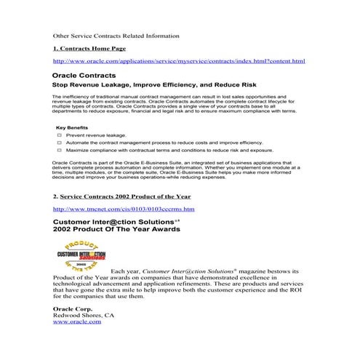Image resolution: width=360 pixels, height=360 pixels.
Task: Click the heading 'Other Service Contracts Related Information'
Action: tap(116, 35)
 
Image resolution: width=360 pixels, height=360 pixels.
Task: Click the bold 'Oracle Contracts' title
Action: tap(84, 76)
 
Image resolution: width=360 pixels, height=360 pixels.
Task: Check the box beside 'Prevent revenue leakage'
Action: tap(59, 135)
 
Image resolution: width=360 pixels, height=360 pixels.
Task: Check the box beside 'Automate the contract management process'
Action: tap(59, 143)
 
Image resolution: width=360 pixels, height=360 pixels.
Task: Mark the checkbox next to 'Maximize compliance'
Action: tap(59, 151)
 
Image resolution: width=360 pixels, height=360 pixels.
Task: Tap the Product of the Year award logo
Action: tap(80, 253)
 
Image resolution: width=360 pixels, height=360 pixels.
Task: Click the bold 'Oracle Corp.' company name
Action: tap(73, 309)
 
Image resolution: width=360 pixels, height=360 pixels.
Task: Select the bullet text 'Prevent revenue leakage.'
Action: tap(96, 135)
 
